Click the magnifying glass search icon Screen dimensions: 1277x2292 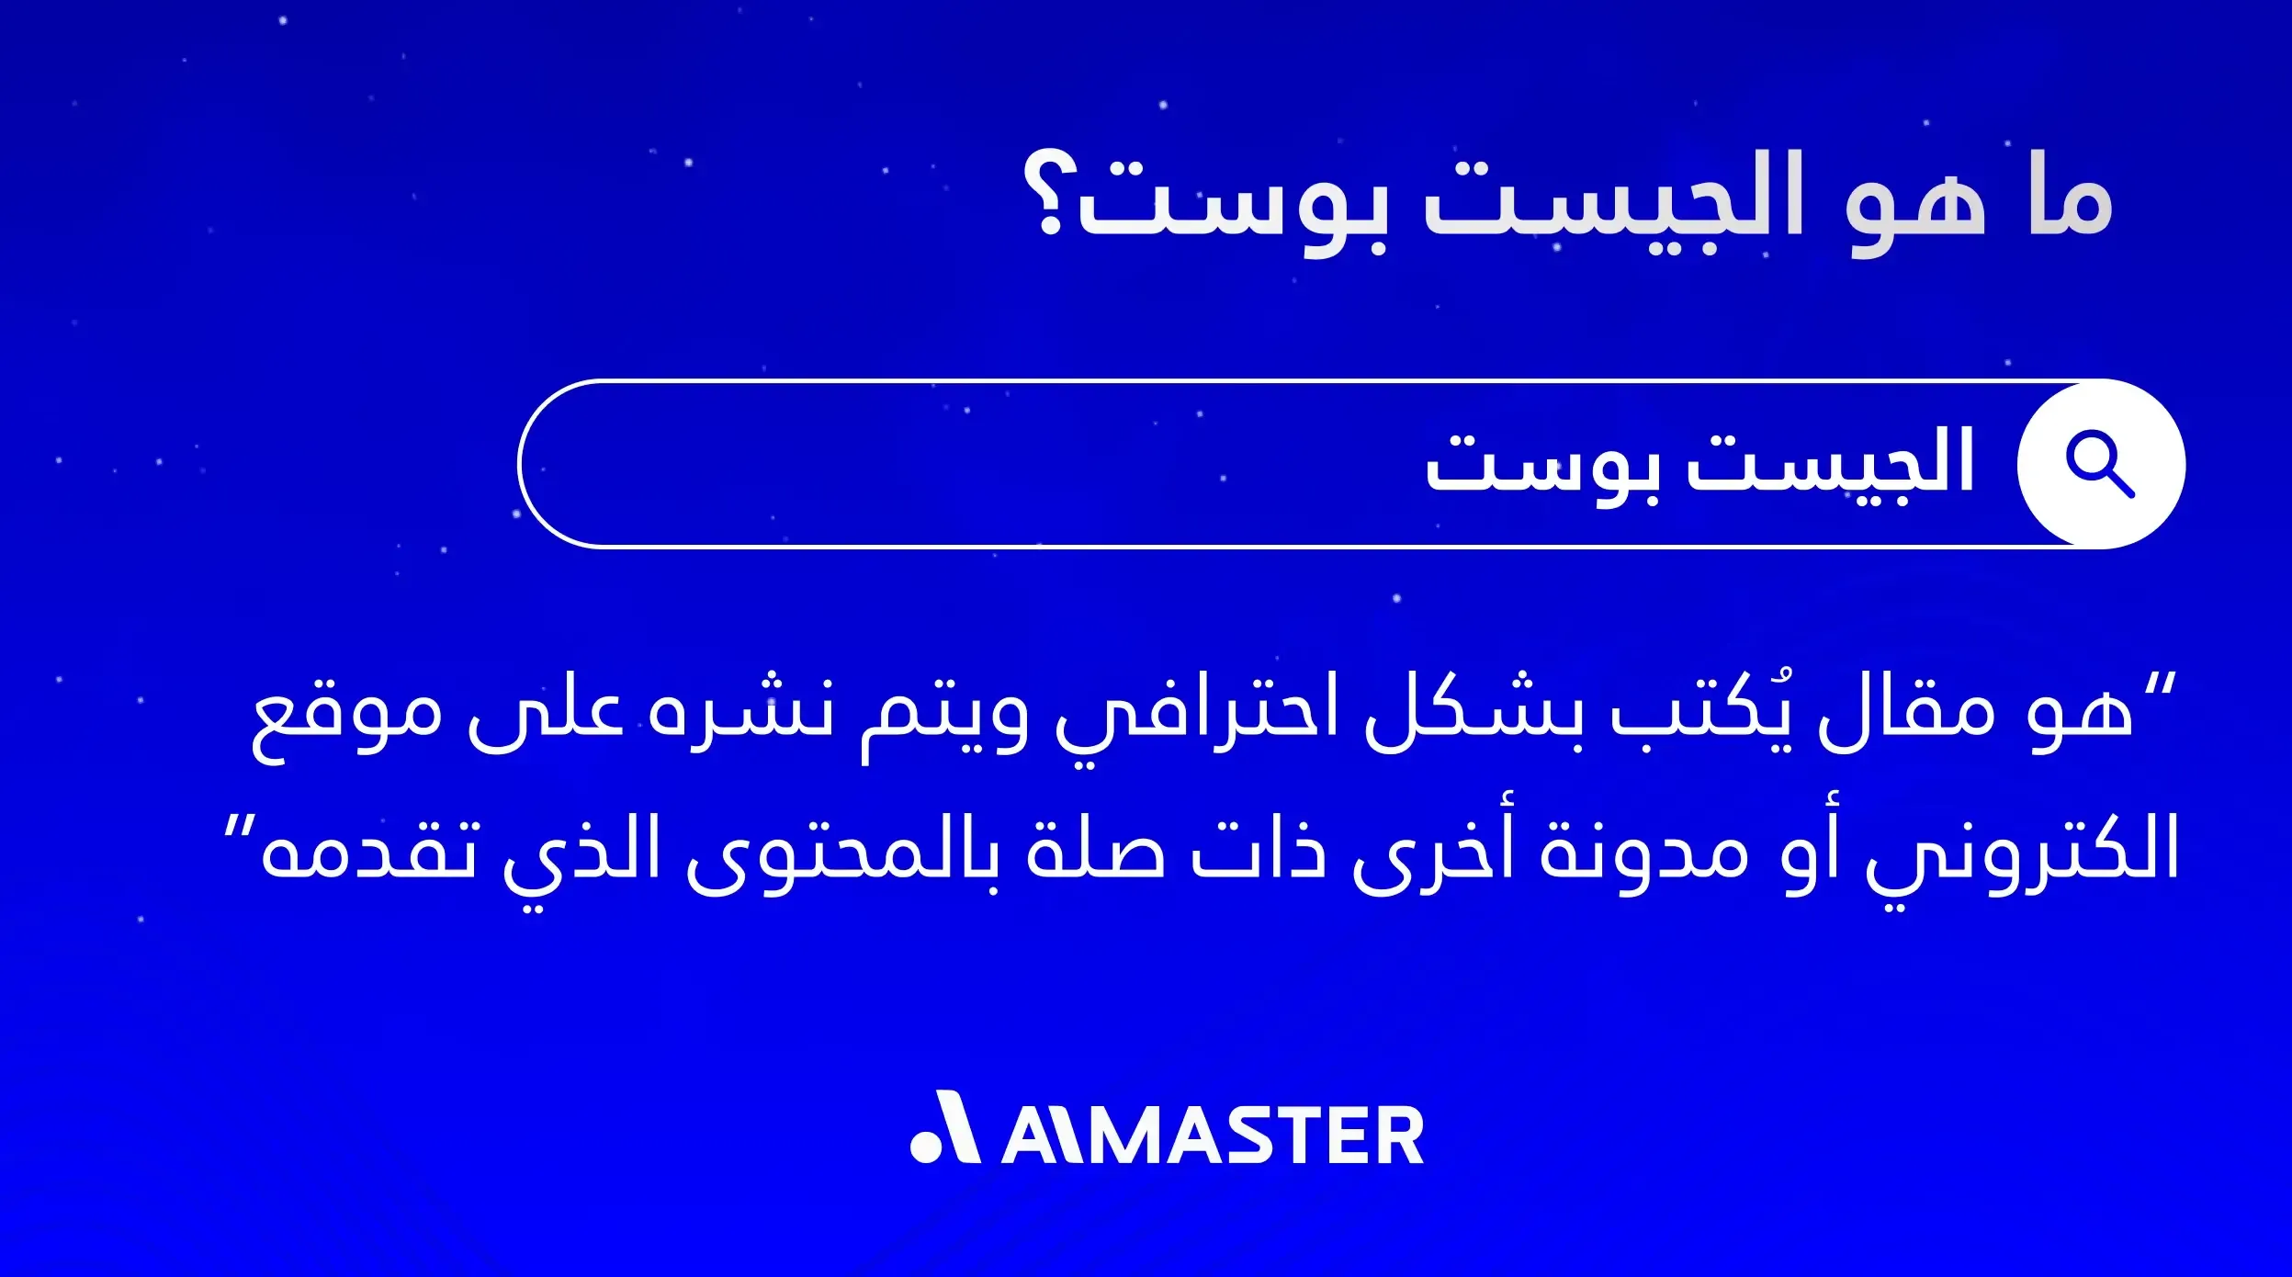2100,463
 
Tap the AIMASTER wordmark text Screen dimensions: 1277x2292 1213,1136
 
